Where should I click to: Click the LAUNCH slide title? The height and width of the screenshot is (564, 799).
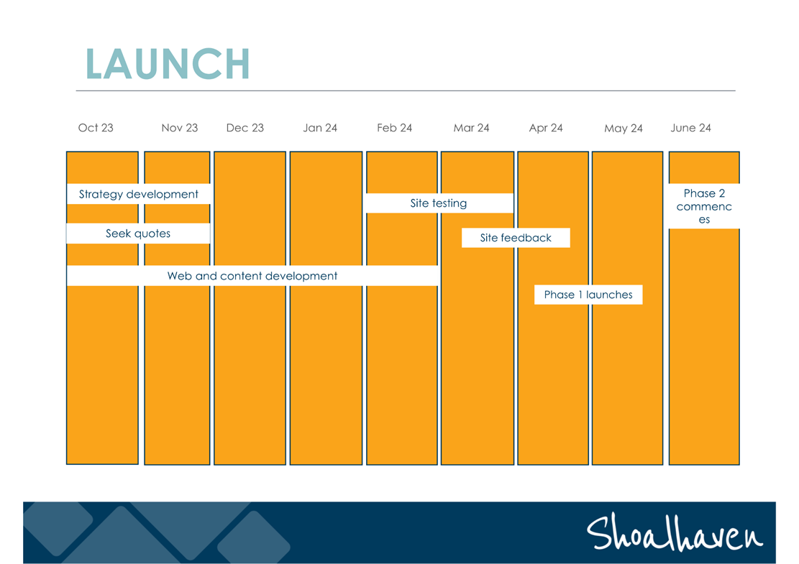click(x=168, y=64)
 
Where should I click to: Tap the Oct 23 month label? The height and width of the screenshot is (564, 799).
click(x=96, y=128)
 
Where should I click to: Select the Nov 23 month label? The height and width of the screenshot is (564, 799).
click(x=179, y=128)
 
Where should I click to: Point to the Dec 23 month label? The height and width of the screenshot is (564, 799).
click(x=245, y=128)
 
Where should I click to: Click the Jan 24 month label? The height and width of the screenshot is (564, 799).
click(x=320, y=128)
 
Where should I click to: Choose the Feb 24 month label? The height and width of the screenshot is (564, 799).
click(x=394, y=128)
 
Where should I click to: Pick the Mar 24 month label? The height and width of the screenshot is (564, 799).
click(x=471, y=128)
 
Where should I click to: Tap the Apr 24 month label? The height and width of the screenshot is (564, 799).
click(x=546, y=128)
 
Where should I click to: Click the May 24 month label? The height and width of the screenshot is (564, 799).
click(x=624, y=129)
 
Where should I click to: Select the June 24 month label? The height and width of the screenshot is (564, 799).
click(x=690, y=128)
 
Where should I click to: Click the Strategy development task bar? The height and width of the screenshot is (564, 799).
click(x=139, y=194)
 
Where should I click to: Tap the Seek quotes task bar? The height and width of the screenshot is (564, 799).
click(x=138, y=233)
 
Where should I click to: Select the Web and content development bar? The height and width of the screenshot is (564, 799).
click(x=252, y=275)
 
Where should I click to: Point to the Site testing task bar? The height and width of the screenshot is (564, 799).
click(x=439, y=203)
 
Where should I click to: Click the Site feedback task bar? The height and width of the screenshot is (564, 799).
click(x=516, y=238)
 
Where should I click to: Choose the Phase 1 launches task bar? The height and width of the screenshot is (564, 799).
click(x=588, y=295)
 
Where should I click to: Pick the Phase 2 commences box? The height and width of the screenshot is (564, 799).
click(x=704, y=206)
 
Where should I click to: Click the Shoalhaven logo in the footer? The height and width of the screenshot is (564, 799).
click(x=674, y=533)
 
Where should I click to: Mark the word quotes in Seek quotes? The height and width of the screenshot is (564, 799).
click(x=152, y=234)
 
